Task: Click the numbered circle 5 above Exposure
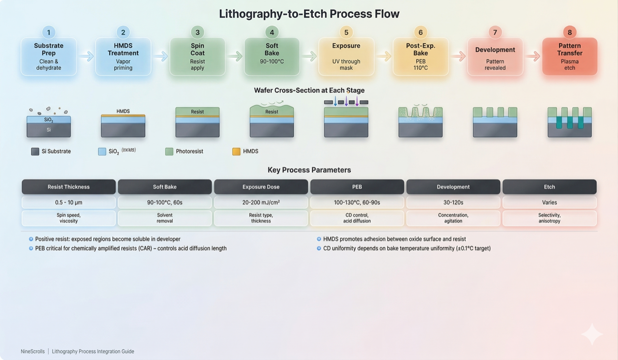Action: (x=346, y=32)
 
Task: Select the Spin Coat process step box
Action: (x=197, y=56)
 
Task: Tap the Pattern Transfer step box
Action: (x=570, y=56)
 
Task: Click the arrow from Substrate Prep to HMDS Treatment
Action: (x=86, y=56)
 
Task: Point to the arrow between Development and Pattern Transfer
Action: (x=533, y=56)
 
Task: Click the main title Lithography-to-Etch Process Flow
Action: (x=309, y=14)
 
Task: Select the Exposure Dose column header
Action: (x=261, y=187)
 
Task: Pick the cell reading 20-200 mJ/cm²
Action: (x=261, y=202)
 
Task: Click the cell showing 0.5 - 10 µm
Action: (x=69, y=202)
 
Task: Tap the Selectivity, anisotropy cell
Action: (x=549, y=218)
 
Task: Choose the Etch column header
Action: (x=549, y=187)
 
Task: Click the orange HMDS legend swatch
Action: (x=236, y=152)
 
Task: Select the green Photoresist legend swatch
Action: (x=169, y=152)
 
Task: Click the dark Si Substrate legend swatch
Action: (x=35, y=152)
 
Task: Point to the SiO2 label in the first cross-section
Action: (x=49, y=120)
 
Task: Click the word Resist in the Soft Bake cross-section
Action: (x=272, y=112)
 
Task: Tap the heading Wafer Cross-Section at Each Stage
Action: (x=309, y=90)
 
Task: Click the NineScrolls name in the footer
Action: (x=32, y=351)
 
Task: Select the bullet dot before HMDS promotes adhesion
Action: (x=319, y=239)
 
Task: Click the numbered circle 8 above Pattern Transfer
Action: (x=570, y=32)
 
